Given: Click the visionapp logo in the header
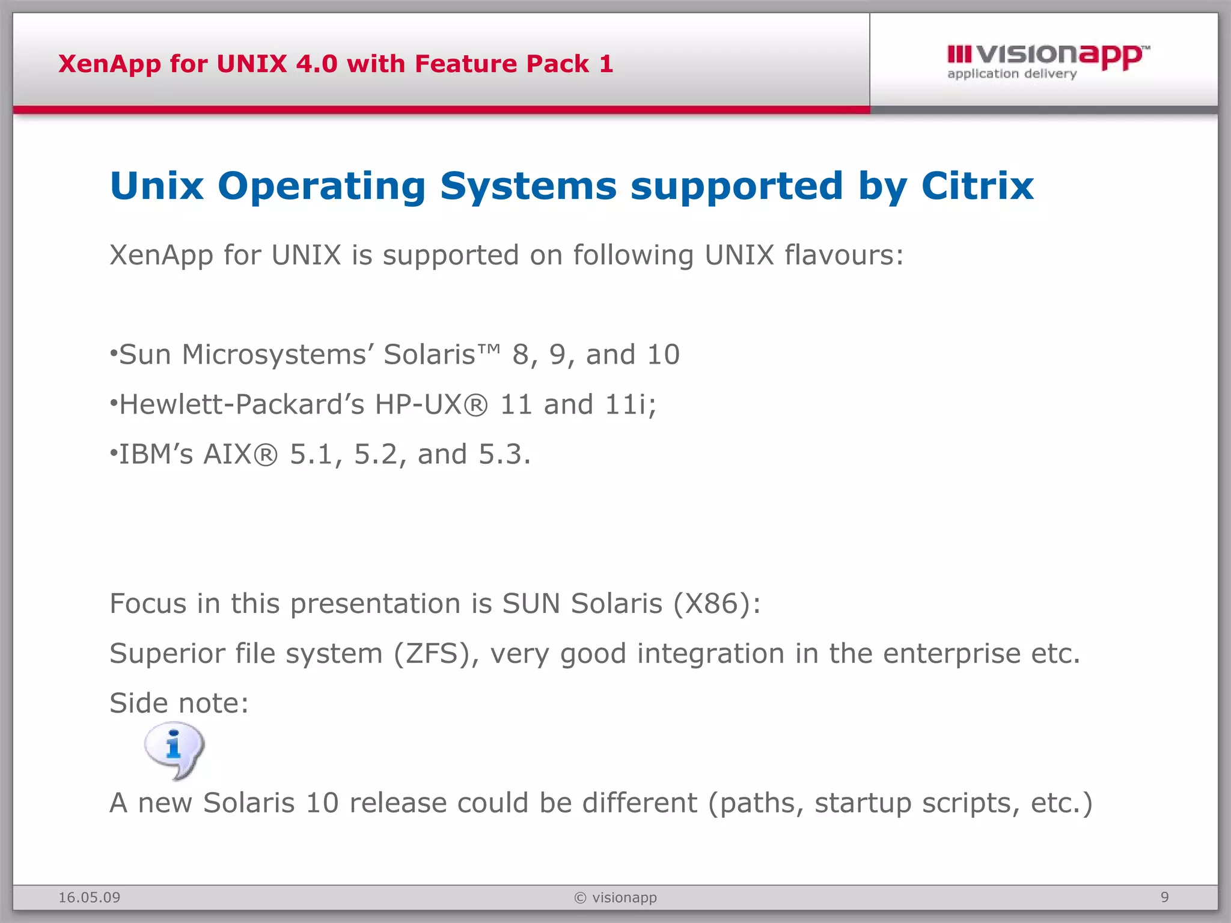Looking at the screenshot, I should [1048, 61].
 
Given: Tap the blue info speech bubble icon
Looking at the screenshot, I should [174, 750].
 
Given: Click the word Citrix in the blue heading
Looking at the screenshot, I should [977, 186].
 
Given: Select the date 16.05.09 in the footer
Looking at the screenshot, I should [89, 898].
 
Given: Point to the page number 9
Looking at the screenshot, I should [1164, 897].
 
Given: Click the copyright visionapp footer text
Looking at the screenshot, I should [615, 898].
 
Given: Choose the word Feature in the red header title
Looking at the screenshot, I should [466, 64].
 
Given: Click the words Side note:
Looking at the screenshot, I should [179, 704].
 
